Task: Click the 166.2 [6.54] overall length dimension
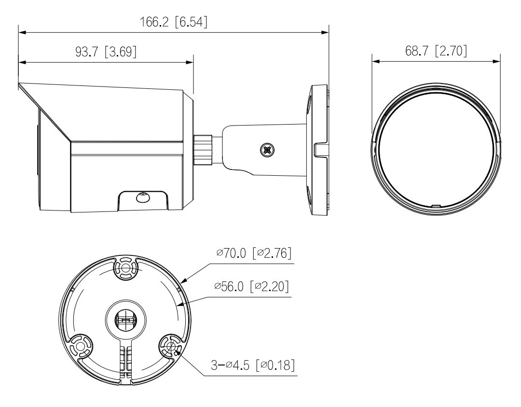click(174, 22)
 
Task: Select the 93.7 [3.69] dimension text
click(106, 52)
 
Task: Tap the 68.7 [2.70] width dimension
click(436, 51)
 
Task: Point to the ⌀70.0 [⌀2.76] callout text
click(254, 253)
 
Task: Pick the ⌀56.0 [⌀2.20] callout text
click(251, 286)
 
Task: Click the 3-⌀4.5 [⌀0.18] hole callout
click(253, 365)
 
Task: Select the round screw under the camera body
click(143, 197)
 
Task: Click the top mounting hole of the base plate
click(125, 267)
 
